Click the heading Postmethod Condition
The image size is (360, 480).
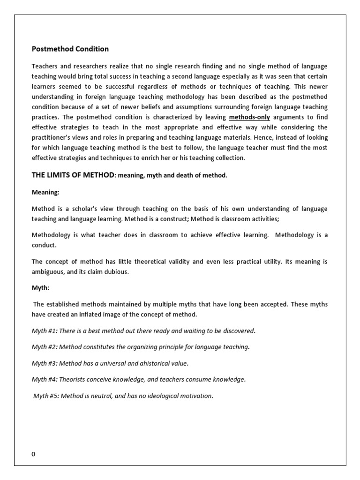tap(70, 49)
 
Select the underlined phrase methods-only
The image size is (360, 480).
tap(249, 117)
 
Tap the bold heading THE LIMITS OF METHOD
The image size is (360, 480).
tap(73, 175)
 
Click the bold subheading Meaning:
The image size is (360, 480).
tap(45, 192)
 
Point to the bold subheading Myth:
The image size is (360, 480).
tap(41, 288)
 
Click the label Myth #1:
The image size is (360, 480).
tap(45, 331)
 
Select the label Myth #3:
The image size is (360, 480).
tap(45, 363)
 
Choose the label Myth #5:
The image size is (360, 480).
tap(46, 396)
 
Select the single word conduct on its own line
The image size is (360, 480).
tap(44, 245)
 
